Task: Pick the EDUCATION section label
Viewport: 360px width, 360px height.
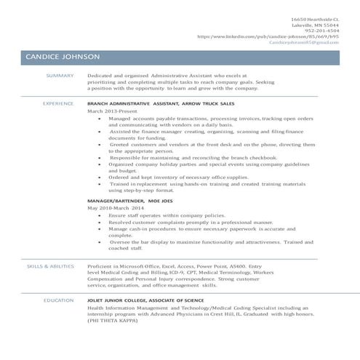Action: [57, 300]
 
